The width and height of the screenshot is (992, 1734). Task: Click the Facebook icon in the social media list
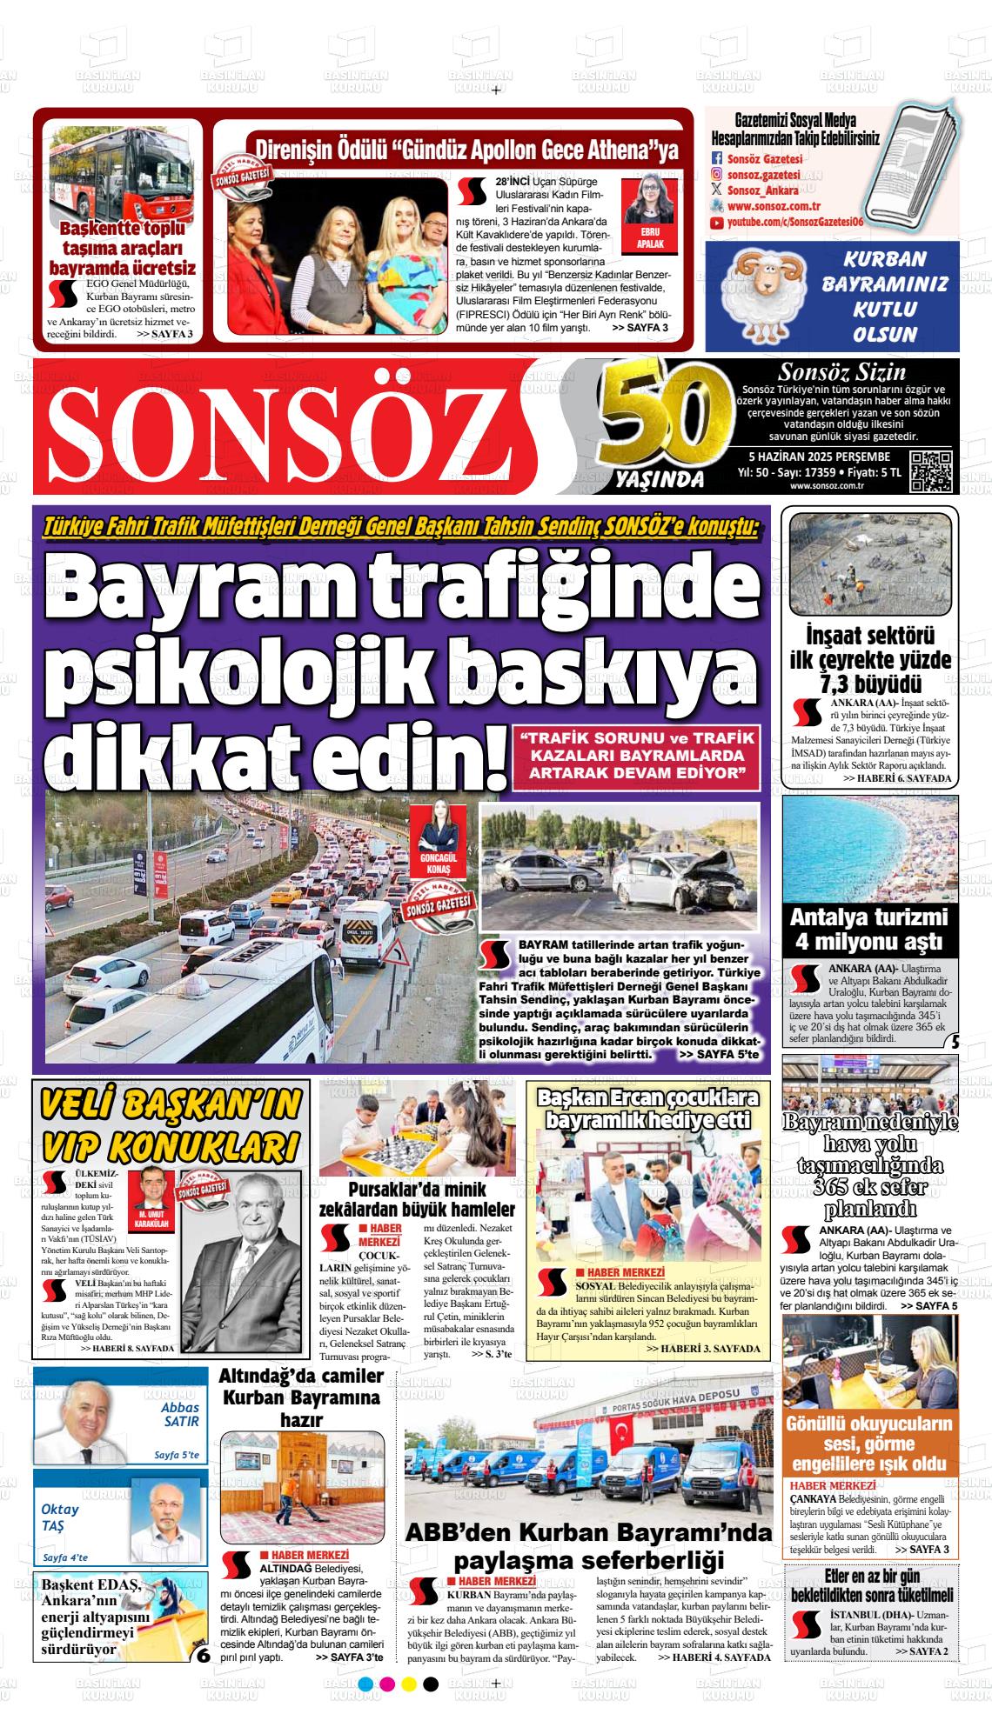pos(717,159)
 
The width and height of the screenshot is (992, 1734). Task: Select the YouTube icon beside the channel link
pos(717,223)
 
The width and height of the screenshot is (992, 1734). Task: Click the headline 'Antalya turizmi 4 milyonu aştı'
pos(870,930)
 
